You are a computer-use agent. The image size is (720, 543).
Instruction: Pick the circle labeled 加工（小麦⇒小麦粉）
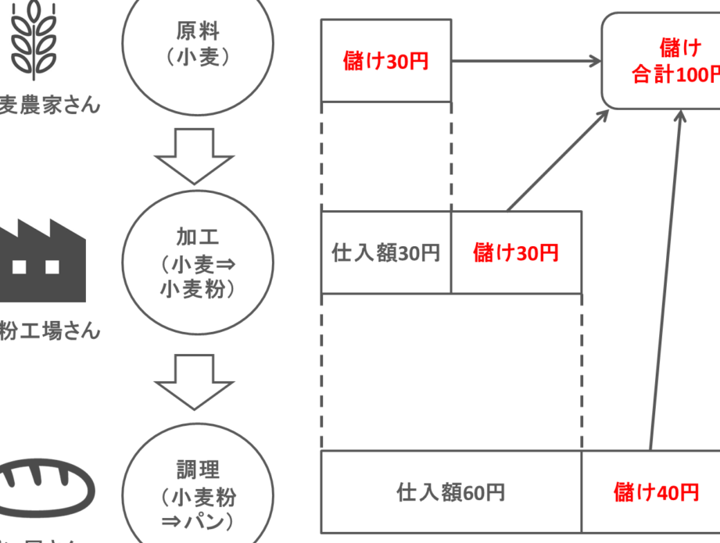click(x=198, y=262)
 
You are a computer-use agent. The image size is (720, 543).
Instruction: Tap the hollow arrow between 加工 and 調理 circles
click(x=195, y=381)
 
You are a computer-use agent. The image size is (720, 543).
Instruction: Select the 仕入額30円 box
click(x=385, y=252)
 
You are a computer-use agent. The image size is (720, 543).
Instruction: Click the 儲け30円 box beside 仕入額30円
click(x=516, y=252)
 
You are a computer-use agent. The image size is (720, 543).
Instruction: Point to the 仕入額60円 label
click(x=450, y=492)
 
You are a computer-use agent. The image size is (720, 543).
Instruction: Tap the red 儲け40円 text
click(x=656, y=492)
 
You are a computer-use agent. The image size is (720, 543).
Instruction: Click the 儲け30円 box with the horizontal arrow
click(x=385, y=61)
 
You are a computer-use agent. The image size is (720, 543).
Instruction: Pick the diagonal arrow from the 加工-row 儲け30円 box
click(x=558, y=160)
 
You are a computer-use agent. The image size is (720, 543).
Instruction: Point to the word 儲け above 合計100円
click(x=680, y=48)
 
